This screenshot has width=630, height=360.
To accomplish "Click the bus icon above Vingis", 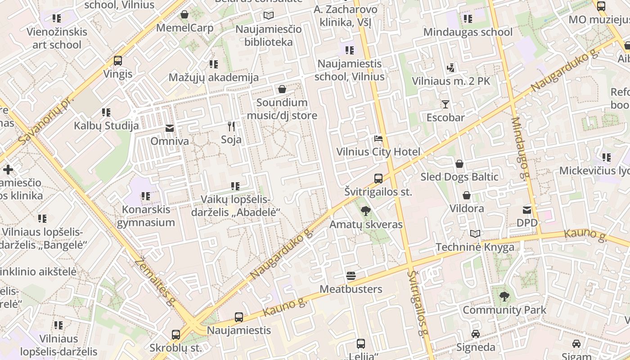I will pyautogui.click(x=118, y=61).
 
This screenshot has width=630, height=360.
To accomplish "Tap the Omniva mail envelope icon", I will pyautogui.click(x=170, y=128).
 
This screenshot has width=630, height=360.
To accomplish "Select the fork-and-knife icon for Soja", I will pyautogui.click(x=231, y=126).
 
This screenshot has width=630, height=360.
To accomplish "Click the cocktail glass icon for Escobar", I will pyautogui.click(x=445, y=104).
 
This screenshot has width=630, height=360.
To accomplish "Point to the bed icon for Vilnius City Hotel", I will pyautogui.click(x=378, y=139).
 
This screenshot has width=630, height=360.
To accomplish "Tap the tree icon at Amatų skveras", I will pyautogui.click(x=366, y=211).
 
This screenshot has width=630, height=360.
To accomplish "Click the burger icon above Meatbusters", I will pyautogui.click(x=351, y=275).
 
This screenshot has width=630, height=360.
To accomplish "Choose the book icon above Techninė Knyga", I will pyautogui.click(x=475, y=234).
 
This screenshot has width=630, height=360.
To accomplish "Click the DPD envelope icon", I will pyautogui.click(x=527, y=210).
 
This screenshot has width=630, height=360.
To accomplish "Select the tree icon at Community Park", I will pyautogui.click(x=504, y=296).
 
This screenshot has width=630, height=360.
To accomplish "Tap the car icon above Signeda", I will pyautogui.click(x=476, y=334).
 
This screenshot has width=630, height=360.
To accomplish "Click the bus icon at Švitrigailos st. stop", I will pyautogui.click(x=378, y=179).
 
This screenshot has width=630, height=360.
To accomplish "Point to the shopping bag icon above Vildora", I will pyautogui.click(x=467, y=195).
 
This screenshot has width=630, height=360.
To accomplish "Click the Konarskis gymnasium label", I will pyautogui.click(x=146, y=216).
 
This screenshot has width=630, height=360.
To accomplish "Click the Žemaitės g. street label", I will pyautogui.click(x=155, y=281).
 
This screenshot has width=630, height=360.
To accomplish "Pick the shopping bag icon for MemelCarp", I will pyautogui.click(x=184, y=15).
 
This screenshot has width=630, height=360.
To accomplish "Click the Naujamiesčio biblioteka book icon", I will pyautogui.click(x=269, y=16).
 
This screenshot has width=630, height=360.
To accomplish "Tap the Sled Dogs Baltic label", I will pyautogui.click(x=459, y=177).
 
